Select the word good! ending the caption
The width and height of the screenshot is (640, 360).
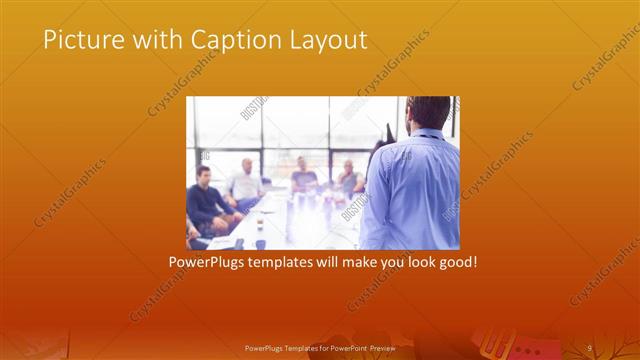(457, 263)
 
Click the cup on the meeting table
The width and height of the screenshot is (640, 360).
(260, 243)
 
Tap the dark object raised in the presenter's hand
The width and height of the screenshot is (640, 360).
(387, 133)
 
